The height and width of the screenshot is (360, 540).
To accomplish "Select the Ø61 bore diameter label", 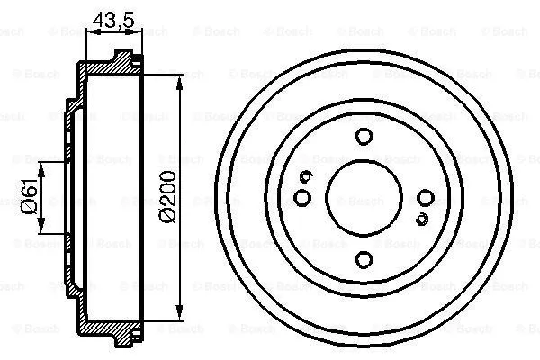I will tap(29, 196).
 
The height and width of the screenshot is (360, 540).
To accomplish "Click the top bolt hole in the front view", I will tap(364, 137).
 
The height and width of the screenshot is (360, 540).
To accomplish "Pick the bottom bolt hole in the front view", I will tap(364, 259).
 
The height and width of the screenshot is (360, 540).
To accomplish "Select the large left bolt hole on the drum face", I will tap(302, 197).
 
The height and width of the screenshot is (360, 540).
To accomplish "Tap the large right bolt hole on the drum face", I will tap(425, 197).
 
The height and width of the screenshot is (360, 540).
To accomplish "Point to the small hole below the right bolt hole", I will tap(422, 219).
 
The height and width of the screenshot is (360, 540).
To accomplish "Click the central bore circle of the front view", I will tap(364, 198).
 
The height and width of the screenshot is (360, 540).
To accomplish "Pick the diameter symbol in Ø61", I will tap(29, 210).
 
